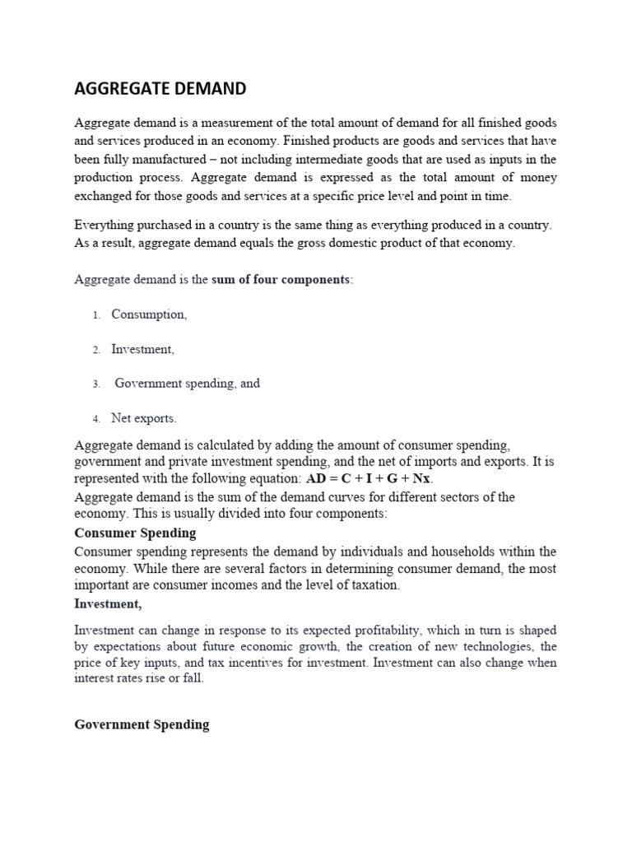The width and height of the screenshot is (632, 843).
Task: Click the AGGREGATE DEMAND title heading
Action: [160, 88]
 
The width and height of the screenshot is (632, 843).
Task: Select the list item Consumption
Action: [149, 314]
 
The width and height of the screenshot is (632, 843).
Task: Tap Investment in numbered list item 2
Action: [142, 349]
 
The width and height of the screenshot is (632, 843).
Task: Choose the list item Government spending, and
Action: [187, 384]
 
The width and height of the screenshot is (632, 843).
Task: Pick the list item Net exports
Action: [143, 418]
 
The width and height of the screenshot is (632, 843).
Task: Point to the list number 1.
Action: [96, 315]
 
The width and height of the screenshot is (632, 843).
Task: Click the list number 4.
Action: [96, 419]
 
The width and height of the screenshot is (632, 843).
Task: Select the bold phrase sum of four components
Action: [281, 279]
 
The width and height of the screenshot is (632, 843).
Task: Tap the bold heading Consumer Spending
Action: [135, 533]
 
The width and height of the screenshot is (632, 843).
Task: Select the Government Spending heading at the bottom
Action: [142, 725]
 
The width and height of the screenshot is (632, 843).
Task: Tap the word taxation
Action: [374, 585]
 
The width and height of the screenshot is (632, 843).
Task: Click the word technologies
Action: [499, 646]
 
